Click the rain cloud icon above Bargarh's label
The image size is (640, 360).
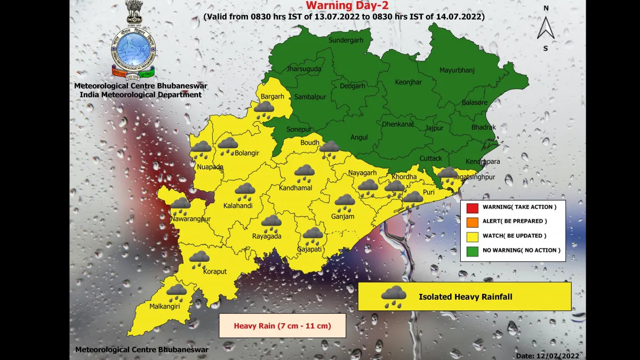(264, 109)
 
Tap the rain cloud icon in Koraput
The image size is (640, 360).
(199, 259)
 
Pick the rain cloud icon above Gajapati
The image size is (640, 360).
(313, 235)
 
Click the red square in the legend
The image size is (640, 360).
(471, 207)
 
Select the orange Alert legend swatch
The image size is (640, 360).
(471, 221)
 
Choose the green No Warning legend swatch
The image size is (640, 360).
(471, 250)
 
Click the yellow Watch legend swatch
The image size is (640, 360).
(471, 236)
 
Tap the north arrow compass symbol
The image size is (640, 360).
(546, 28)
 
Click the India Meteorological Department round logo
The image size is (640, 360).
(133, 49)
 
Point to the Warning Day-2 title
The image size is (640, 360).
(343, 6)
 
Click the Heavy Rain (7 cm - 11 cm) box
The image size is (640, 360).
(282, 326)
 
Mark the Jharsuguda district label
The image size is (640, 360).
(304, 69)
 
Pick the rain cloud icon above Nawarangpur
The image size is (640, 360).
(180, 205)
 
